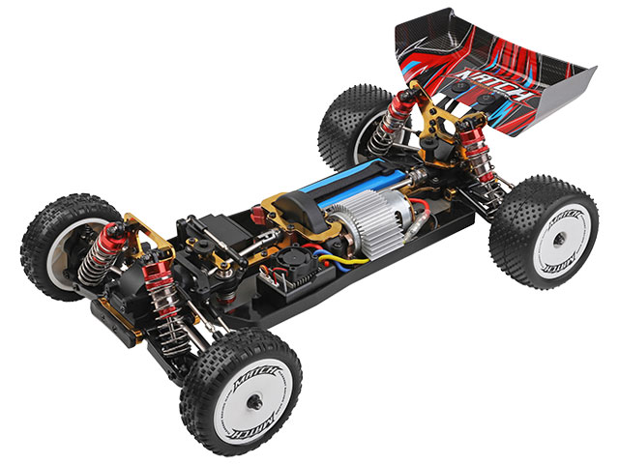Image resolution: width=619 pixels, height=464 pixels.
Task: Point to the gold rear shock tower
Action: (427, 116)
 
